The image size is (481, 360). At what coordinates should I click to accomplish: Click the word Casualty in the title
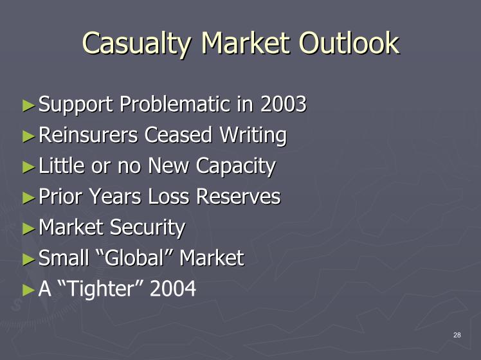(x=137, y=44)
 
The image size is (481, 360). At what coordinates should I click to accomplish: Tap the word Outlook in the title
(x=349, y=43)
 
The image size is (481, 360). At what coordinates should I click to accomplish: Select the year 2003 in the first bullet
(x=283, y=104)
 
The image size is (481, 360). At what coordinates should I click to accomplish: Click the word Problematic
(x=174, y=104)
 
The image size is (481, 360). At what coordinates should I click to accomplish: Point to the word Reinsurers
(x=88, y=134)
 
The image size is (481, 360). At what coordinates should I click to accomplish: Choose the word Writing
(x=253, y=136)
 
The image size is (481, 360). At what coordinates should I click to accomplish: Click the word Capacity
(x=235, y=166)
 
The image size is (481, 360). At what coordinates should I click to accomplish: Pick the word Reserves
(x=239, y=196)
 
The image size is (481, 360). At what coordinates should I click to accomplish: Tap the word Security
(x=147, y=228)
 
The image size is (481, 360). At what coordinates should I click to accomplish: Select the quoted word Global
(x=136, y=258)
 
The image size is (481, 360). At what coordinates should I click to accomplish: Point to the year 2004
(x=173, y=288)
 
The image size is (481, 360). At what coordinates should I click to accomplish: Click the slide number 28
(x=457, y=335)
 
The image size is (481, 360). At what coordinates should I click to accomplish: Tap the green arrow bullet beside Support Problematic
(x=29, y=105)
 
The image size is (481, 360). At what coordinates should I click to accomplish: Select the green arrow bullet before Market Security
(x=29, y=228)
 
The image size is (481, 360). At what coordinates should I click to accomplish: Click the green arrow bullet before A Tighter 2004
(x=29, y=290)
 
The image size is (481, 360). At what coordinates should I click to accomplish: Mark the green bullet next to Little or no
(x=29, y=167)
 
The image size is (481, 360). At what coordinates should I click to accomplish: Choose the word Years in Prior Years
(x=115, y=196)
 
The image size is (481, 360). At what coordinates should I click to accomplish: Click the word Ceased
(x=178, y=134)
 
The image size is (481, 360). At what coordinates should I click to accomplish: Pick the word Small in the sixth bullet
(x=64, y=258)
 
